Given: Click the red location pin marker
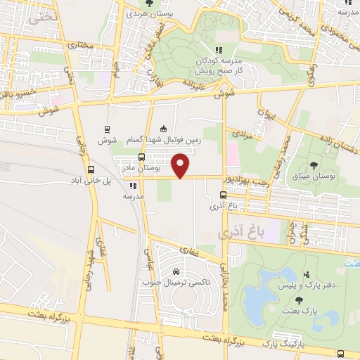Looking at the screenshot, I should pos(181,166).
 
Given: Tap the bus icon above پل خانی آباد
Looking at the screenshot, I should pos(90,169).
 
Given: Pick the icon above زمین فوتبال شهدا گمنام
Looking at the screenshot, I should pos(163,129).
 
